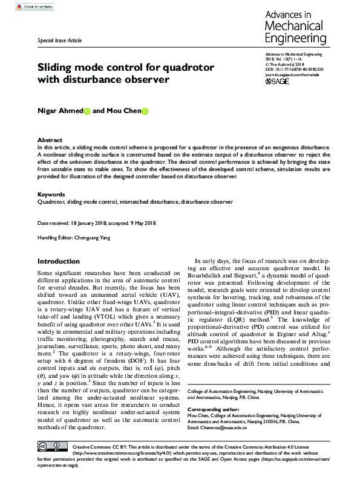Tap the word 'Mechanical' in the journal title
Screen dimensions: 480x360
pos(293,27)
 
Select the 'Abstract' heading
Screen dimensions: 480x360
pos(50,139)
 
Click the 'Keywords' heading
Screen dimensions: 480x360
pos(51,194)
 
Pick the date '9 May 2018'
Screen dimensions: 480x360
pos(143,223)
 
